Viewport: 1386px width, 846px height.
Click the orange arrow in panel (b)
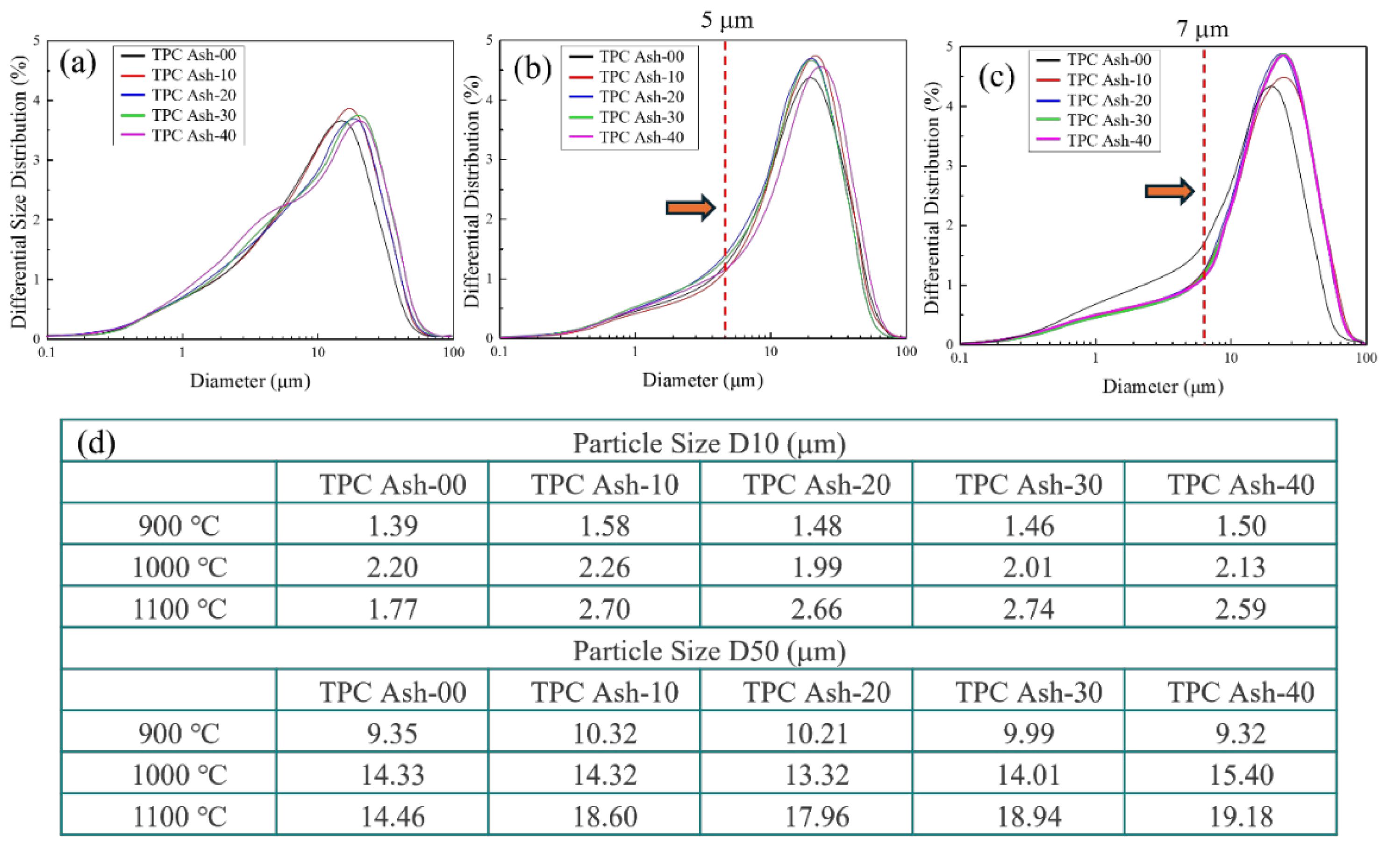point(690,208)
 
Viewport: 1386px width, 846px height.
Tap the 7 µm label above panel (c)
point(1203,28)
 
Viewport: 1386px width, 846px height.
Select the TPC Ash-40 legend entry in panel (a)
point(193,135)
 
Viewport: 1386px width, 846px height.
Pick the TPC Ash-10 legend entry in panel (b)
point(641,77)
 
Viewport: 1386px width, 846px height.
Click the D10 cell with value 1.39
point(393,526)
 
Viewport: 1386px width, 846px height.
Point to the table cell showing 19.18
point(1241,817)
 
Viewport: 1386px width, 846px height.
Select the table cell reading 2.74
point(1029,609)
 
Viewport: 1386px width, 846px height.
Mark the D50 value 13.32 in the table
point(817,775)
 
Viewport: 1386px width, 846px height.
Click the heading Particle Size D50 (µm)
point(709,651)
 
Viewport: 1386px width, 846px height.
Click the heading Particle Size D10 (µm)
point(709,444)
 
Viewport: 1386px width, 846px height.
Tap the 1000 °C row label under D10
point(179,567)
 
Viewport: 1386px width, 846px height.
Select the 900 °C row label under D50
point(179,733)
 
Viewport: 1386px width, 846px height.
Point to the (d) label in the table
point(97,443)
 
